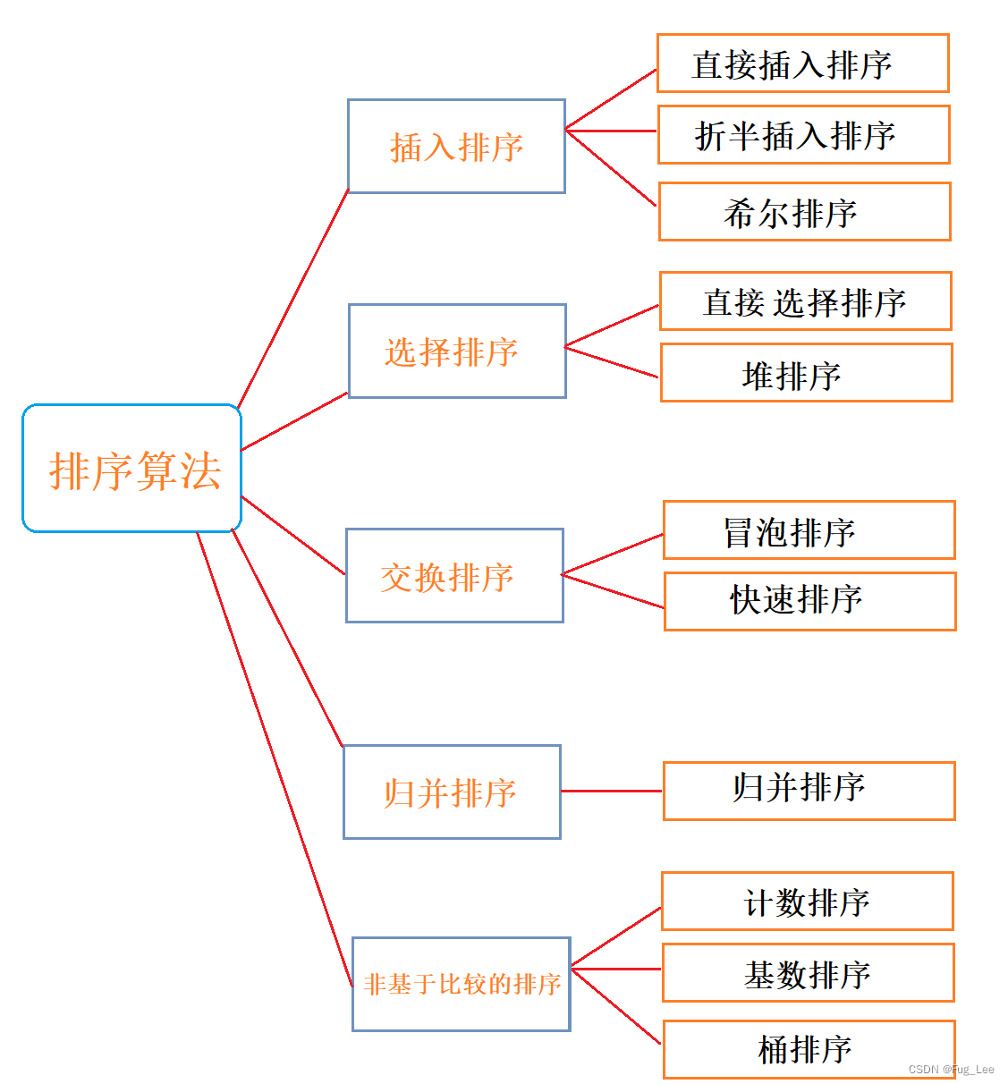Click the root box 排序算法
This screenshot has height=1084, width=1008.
[132, 469]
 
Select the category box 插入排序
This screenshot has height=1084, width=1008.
[456, 146]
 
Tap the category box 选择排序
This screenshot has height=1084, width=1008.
[457, 351]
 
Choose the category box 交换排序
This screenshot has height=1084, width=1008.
[454, 575]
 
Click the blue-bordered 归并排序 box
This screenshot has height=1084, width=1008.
[452, 792]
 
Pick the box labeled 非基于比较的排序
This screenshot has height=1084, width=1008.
[462, 984]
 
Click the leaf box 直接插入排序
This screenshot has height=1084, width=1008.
[802, 64]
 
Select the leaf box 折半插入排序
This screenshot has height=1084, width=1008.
[803, 135]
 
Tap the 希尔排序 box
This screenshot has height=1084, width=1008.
[804, 212]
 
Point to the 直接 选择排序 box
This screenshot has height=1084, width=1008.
[805, 301]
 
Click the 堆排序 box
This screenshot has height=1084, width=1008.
[806, 373]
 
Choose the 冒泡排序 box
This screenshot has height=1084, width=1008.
[809, 530]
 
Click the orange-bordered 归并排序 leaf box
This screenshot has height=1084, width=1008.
[809, 791]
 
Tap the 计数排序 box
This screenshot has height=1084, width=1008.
[807, 902]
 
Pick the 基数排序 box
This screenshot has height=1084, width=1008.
[808, 973]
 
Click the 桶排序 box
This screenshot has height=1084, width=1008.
[809, 1049]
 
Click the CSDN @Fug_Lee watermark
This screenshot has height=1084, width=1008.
[951, 1070]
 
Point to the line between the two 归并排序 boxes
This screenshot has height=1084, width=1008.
[612, 792]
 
